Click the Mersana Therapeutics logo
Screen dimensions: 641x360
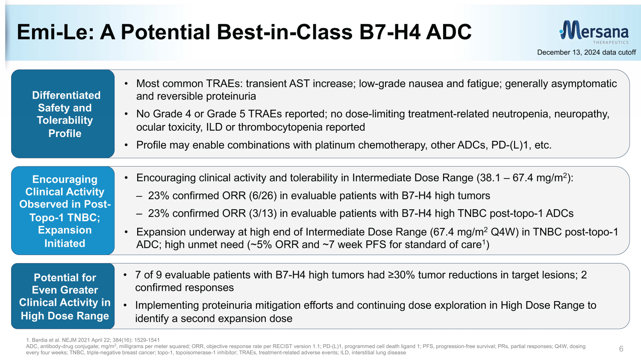(594, 32)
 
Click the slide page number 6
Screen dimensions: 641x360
(621, 348)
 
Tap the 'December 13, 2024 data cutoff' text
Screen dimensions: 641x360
(586, 53)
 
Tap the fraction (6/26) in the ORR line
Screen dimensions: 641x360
(263, 196)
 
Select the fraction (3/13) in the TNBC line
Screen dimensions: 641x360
(263, 214)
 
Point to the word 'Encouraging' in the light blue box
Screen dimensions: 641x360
(65, 179)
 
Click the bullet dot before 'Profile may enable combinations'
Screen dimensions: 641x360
(126, 146)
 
